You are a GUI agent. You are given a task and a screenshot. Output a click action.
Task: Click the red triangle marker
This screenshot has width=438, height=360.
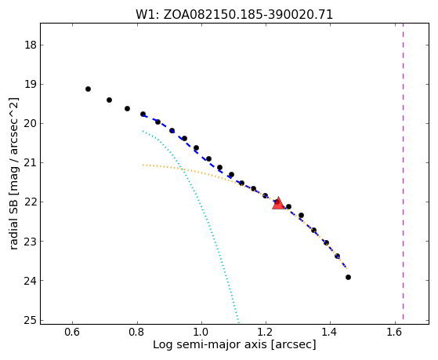[x=278, y=204]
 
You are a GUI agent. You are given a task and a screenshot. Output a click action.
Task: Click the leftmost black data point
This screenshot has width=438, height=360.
[x=88, y=89]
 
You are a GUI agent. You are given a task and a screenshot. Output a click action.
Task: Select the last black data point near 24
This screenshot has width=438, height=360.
[x=348, y=277]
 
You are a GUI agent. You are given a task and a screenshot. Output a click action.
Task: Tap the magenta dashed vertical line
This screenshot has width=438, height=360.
[x=403, y=171]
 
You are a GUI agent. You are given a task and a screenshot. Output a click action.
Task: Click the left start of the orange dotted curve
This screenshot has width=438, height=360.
[x=143, y=165]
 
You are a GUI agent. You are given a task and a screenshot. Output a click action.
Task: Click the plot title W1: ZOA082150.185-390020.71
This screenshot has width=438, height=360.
[x=234, y=15]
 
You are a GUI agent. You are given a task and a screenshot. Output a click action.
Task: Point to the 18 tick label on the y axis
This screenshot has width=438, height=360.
[x=31, y=45]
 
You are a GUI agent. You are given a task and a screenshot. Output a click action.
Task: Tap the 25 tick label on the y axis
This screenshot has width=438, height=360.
[x=31, y=320]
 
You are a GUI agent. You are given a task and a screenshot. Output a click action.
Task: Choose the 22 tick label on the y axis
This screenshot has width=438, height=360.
[x=31, y=202]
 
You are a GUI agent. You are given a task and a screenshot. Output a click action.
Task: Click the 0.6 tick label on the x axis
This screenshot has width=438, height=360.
[x=72, y=332]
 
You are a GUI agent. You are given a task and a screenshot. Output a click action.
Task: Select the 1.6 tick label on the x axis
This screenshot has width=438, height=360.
[x=395, y=332]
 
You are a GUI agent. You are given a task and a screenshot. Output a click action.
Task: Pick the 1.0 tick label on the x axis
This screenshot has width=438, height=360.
[x=201, y=332]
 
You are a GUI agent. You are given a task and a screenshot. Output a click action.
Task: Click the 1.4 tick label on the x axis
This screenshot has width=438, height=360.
[x=331, y=332]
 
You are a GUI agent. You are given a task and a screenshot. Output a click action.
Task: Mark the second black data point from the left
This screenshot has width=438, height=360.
[x=109, y=100]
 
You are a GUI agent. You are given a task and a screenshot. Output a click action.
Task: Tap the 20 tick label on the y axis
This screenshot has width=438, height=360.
[x=31, y=123]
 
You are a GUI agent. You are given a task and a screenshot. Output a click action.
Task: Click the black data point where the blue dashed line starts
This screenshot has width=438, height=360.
[x=143, y=114]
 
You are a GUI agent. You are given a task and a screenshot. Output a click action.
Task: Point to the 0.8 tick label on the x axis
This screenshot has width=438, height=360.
[x=137, y=332]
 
